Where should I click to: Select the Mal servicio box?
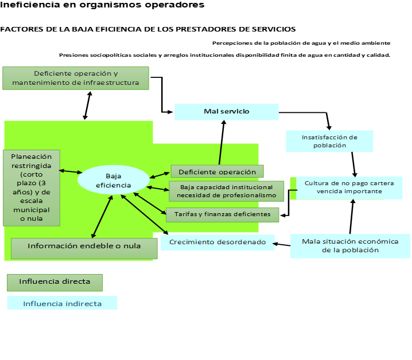tap(227, 112)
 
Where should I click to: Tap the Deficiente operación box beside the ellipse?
tap(217, 171)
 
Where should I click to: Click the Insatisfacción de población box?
tap(329, 141)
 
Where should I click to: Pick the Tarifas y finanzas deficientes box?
tap(222, 214)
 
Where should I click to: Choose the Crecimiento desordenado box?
tap(217, 242)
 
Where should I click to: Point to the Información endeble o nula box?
tap(84, 247)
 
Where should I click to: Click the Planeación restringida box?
tap(31, 187)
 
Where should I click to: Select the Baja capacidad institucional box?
tap(226, 191)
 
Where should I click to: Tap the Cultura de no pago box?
tap(349, 187)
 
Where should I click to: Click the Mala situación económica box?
tap(349, 245)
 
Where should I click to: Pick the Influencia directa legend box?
tap(55, 282)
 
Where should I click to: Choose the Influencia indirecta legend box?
tap(62, 303)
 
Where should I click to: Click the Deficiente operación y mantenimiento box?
tap(75, 78)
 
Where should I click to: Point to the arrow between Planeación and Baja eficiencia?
tap(71, 171)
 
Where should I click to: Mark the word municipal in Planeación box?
tap(31, 210)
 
